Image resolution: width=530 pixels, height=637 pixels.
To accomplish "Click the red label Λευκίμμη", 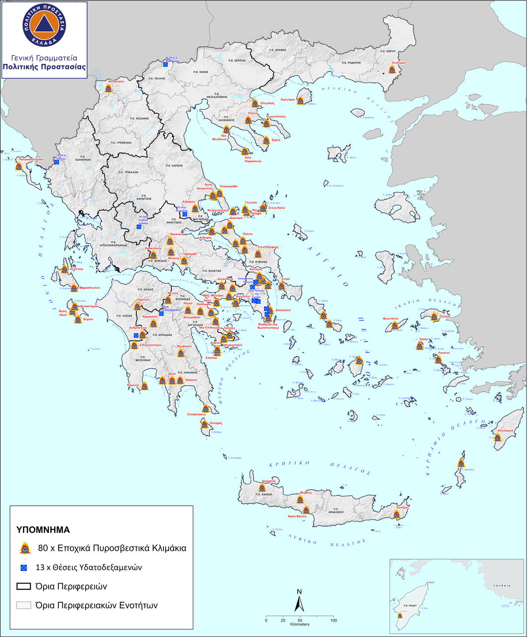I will click(397, 63).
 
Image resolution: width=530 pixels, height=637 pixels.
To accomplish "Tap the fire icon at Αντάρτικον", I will click(109, 88).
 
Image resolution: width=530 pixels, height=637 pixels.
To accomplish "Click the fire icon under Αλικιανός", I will click(262, 488).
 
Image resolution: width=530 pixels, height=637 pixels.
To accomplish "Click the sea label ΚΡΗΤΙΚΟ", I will click(289, 464).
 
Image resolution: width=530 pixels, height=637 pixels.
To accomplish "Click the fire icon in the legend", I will click(25, 548).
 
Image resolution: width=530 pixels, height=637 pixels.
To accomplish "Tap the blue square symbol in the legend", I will click(24, 568).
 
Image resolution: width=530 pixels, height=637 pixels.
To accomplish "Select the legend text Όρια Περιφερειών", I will click(71, 587).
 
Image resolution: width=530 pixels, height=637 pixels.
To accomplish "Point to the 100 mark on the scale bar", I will click(334, 620).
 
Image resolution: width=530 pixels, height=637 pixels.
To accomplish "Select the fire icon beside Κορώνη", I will click(145, 386).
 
